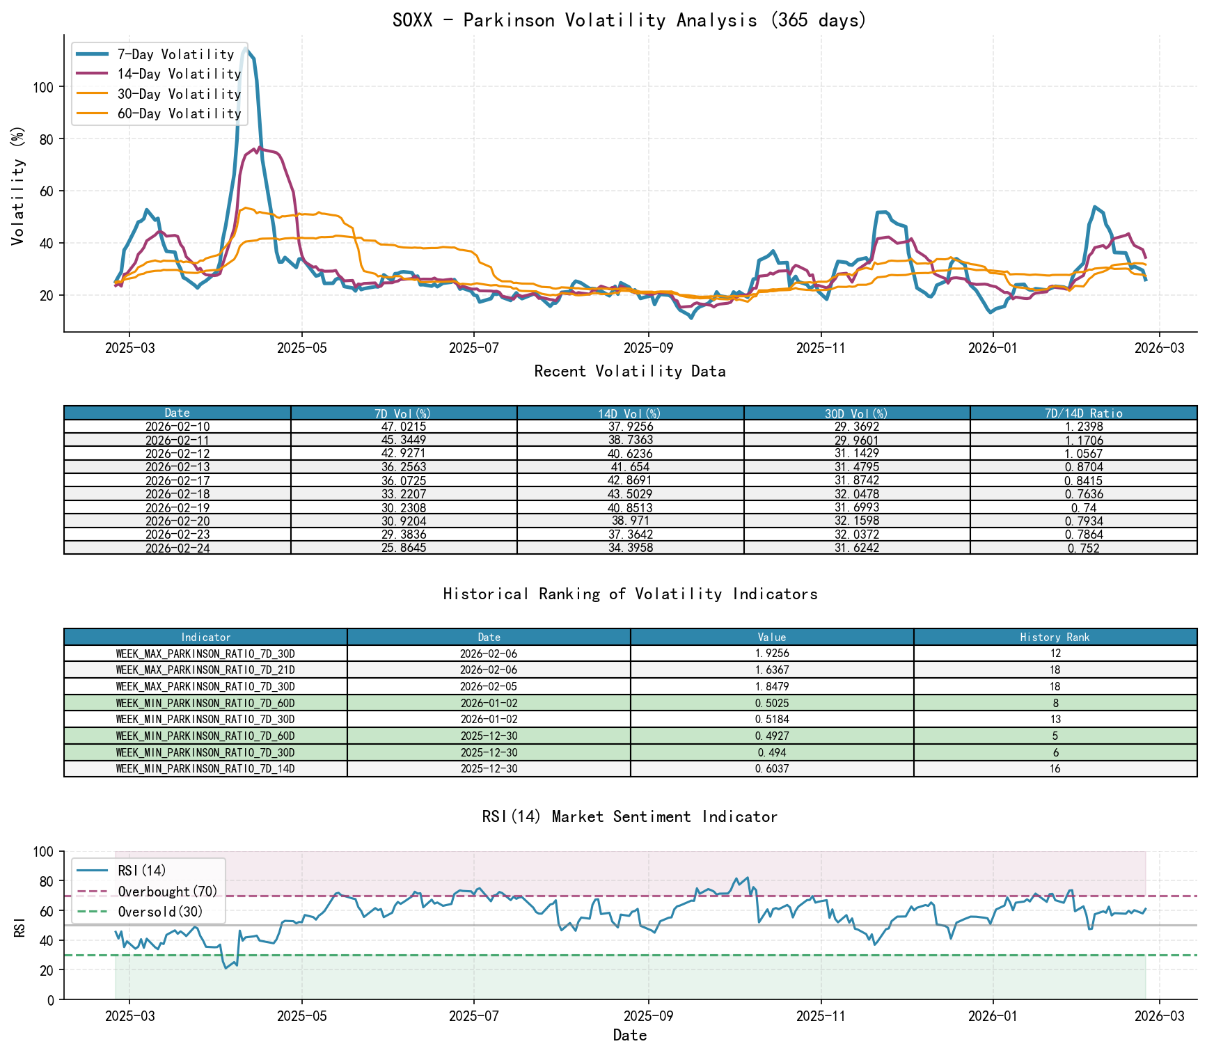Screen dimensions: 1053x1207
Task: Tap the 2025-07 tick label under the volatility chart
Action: [x=473, y=348]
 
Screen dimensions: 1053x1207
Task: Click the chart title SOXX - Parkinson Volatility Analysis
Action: [x=629, y=20]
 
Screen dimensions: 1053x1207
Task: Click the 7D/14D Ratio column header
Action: [x=1083, y=413]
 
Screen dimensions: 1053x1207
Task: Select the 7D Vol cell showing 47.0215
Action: [x=404, y=427]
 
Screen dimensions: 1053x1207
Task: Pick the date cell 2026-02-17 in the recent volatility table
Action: [x=177, y=480]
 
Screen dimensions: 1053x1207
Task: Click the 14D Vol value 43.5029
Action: [x=630, y=494]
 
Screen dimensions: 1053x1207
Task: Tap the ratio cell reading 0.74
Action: [x=1083, y=507]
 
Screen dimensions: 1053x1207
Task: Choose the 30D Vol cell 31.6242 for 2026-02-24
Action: [x=856, y=548]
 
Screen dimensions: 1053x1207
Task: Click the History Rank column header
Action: [x=1055, y=637]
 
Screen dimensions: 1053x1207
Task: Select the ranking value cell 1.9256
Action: [x=771, y=654]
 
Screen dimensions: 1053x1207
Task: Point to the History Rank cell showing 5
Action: [x=1055, y=736]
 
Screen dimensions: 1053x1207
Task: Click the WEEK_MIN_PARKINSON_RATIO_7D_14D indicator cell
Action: [x=205, y=768]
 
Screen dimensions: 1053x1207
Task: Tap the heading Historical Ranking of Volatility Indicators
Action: [x=630, y=594]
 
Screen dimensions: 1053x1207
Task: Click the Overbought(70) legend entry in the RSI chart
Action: [x=167, y=892]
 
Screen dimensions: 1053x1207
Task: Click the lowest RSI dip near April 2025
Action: [x=226, y=968]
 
